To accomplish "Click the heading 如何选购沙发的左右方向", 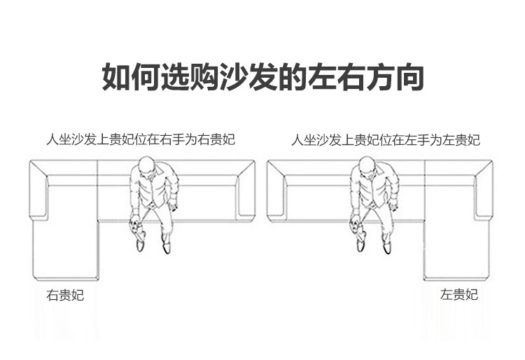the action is tap(262, 77).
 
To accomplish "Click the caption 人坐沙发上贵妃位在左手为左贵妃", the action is tap(386, 139).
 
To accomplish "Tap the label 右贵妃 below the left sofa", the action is tap(65, 295).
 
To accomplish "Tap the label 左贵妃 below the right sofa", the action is tap(459, 295).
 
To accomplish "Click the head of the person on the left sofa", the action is tap(146, 167).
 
